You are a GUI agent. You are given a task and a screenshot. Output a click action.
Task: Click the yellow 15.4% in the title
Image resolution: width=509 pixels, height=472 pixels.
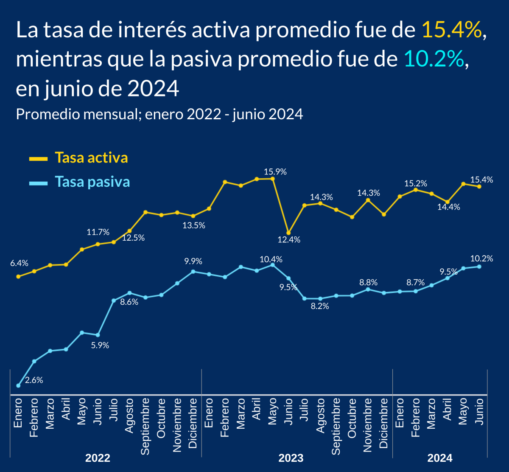452,31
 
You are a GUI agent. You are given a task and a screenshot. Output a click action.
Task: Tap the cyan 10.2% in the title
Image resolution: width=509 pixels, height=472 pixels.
433,60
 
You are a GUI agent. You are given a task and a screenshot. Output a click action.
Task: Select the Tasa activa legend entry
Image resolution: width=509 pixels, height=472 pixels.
91,158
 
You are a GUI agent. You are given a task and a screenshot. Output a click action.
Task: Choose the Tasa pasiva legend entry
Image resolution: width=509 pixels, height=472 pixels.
92,182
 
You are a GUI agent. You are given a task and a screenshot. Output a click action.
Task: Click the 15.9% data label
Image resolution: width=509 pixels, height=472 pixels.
275,172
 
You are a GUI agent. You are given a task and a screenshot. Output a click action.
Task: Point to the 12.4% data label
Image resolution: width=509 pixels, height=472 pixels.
289,240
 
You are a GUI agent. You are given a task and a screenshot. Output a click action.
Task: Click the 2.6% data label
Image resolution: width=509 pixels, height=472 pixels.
34,380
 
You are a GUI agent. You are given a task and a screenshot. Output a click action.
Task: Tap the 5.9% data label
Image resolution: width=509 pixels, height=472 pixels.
100,346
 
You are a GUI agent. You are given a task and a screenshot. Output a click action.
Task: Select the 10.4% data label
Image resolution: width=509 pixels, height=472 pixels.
271,259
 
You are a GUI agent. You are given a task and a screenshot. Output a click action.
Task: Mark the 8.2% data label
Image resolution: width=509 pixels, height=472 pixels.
320,306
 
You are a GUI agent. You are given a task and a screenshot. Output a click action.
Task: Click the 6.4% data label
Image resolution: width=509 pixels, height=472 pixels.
19,263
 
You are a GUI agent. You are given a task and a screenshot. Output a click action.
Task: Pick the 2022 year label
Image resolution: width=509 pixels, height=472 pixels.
98,458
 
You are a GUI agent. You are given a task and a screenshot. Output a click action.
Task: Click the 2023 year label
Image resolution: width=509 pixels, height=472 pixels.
291,458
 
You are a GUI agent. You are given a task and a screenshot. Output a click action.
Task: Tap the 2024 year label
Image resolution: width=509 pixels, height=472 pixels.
440,458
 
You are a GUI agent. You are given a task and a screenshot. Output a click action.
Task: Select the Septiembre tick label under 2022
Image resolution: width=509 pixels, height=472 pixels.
145,426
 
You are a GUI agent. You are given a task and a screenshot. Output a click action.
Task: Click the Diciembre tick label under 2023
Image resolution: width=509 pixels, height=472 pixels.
383,423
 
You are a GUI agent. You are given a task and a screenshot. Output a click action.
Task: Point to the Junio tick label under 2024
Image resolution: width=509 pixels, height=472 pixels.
479,413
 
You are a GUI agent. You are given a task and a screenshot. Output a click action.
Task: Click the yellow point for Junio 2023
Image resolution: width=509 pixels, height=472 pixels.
288,233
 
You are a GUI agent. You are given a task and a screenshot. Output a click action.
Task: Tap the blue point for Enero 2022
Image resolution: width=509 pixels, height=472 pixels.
18,385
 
